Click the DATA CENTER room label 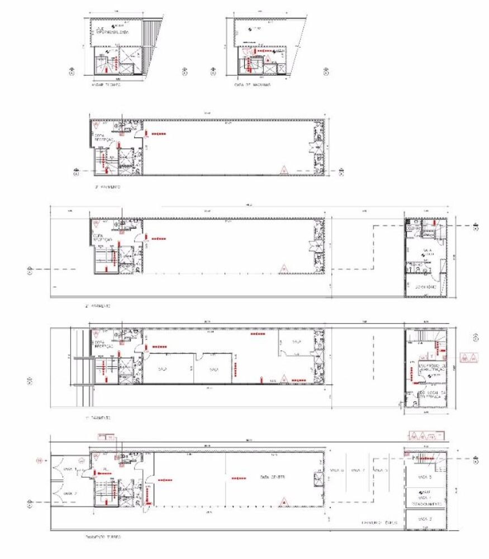tap(272, 477)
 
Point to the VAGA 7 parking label tap(358, 470)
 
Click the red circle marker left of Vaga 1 tap(39, 460)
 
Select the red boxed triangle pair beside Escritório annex tap(468, 357)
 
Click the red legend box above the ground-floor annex tap(426, 435)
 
